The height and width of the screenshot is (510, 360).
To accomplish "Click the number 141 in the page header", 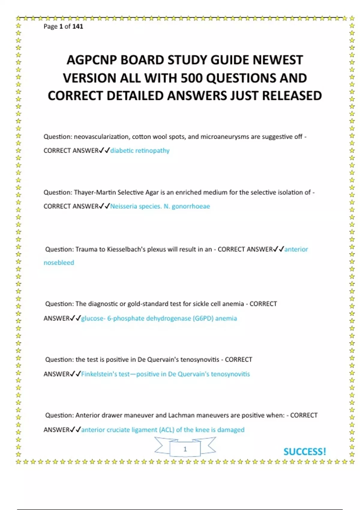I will pyautogui.click(x=78, y=26).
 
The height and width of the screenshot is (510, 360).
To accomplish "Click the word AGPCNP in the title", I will pyautogui.click(x=91, y=60).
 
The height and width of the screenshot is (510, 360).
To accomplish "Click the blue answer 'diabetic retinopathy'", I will pyautogui.click(x=140, y=151).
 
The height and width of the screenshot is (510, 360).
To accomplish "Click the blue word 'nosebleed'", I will pyautogui.click(x=59, y=263).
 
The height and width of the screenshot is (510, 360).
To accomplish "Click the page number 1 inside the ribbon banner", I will pyautogui.click(x=185, y=449).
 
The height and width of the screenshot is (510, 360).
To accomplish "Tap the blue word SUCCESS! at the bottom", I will pyautogui.click(x=305, y=451).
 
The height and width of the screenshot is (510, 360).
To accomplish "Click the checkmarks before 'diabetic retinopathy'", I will pyautogui.click(x=105, y=150).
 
